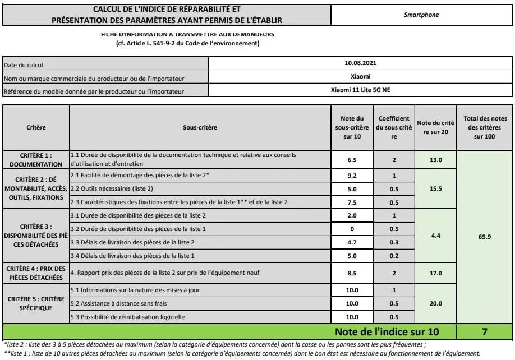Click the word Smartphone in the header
tap(421, 15)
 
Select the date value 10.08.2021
tap(360, 64)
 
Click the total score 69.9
tap(485, 237)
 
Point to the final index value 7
tap(485, 331)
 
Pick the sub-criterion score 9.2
tap(352, 176)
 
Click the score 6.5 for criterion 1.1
tap(352, 160)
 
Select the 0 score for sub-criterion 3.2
tap(352, 229)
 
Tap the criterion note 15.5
tap(436, 189)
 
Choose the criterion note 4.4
tap(436, 236)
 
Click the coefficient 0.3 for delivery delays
tap(394, 242)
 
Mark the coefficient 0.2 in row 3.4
tap(394, 256)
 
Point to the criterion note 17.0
tap(436, 273)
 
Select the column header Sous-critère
tap(200, 127)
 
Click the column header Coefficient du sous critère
tap(394, 127)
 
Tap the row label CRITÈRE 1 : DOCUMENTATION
tap(36, 159)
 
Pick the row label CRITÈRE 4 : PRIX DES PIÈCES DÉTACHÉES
tap(36, 273)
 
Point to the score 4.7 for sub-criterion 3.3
tap(352, 242)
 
